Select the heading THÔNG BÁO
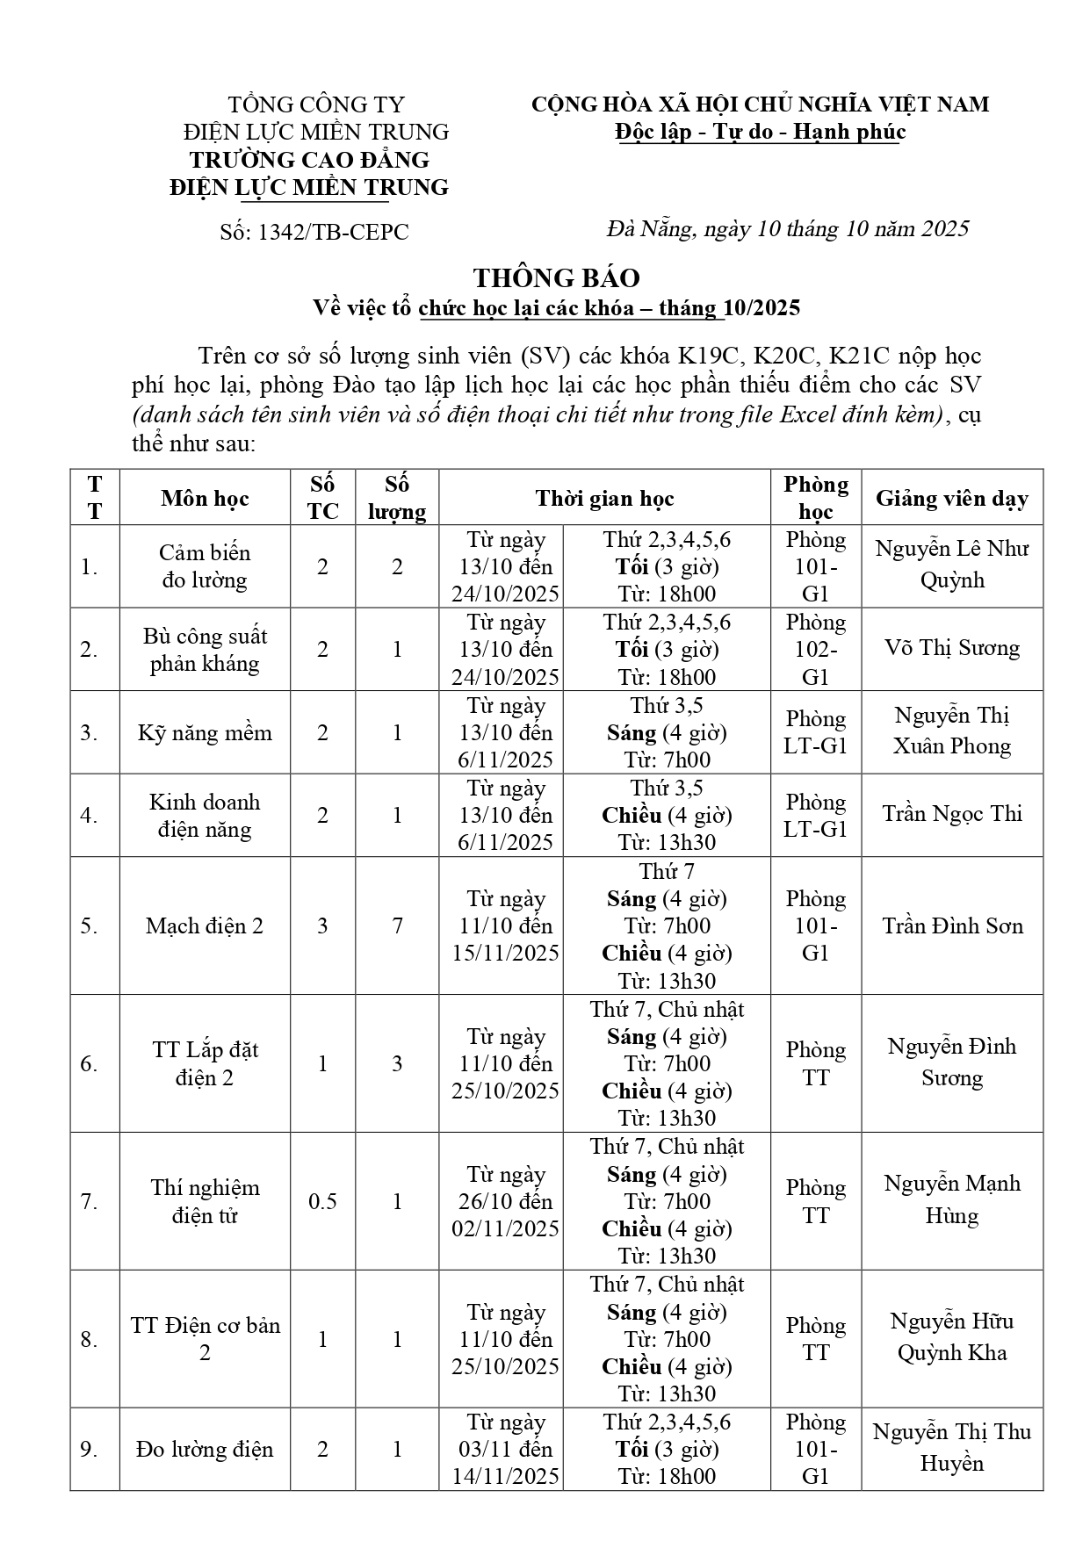coord(556,277)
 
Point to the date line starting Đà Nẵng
coord(787,229)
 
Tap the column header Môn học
coord(205,499)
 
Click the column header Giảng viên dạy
coord(951,499)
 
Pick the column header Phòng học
coord(816,498)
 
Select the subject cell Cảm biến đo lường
coord(205,566)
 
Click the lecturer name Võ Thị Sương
coord(951,648)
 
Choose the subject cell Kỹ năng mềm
coord(205,732)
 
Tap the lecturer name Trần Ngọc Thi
coord(951,814)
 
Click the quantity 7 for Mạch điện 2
coord(397,925)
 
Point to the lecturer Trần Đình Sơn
coord(951,925)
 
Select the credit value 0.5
coord(322,1201)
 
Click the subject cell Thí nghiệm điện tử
coord(205,1201)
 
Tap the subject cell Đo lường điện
coord(205,1450)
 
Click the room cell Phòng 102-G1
coord(816,650)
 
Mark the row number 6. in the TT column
coord(90,1064)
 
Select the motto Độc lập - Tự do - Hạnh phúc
coord(760,132)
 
